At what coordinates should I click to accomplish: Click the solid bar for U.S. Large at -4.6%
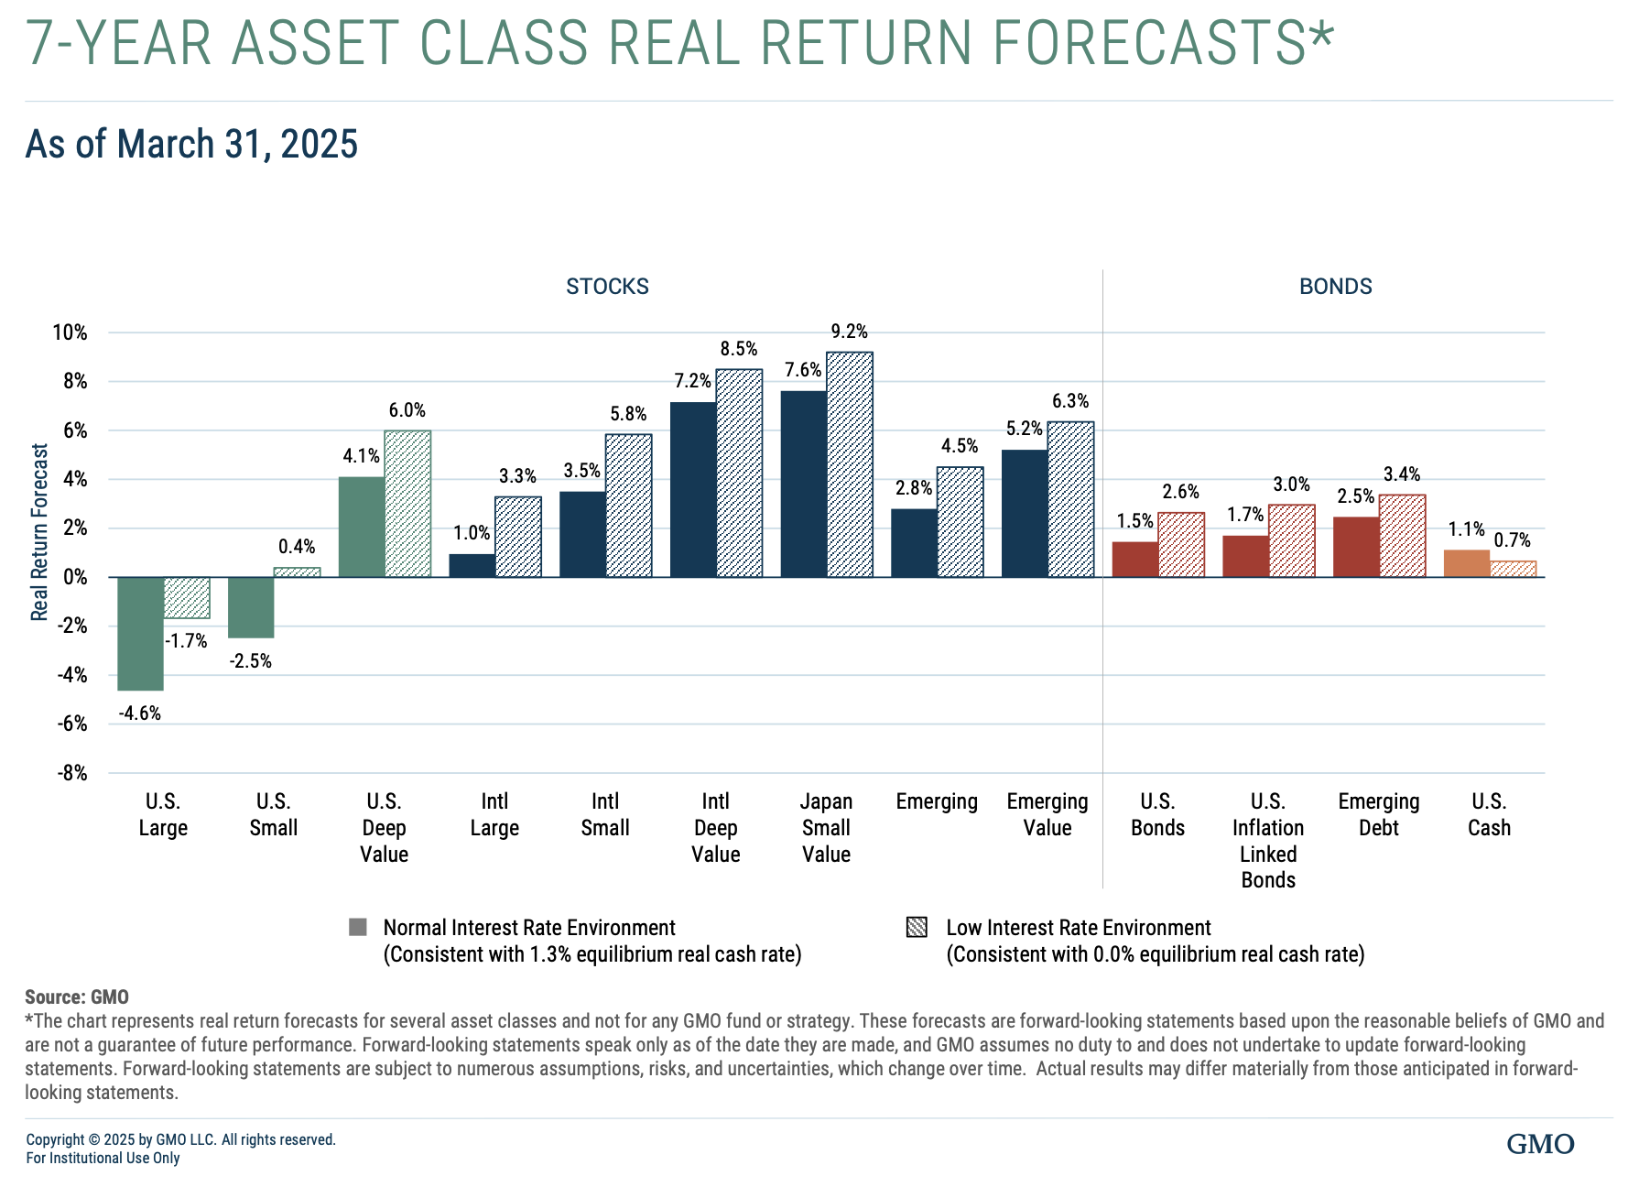(x=140, y=634)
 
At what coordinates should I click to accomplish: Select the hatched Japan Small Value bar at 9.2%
(x=850, y=465)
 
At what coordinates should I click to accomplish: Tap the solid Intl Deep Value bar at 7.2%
(x=693, y=490)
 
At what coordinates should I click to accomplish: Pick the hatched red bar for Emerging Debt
(x=1402, y=536)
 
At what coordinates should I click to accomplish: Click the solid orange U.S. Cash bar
(x=1466, y=564)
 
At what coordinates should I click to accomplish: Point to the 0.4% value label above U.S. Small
(x=297, y=547)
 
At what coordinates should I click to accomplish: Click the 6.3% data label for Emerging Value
(x=1069, y=401)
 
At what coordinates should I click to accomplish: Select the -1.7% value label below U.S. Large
(x=187, y=641)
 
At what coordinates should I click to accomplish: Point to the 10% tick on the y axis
(x=70, y=332)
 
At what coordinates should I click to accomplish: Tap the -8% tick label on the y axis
(x=72, y=773)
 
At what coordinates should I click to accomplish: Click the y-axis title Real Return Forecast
(x=39, y=532)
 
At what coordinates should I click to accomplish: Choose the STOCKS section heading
(x=607, y=287)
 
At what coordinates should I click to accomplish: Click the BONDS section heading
(x=1335, y=287)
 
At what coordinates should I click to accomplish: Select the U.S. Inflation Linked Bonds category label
(x=1268, y=840)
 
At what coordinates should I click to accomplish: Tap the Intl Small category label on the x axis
(x=605, y=814)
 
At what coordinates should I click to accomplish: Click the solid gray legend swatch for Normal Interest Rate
(x=358, y=927)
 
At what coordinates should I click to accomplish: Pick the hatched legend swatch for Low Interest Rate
(x=917, y=927)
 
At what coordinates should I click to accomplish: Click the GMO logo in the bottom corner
(x=1540, y=1144)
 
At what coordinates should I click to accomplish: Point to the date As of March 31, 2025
(x=191, y=145)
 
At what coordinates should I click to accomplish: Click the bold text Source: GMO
(x=77, y=996)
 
